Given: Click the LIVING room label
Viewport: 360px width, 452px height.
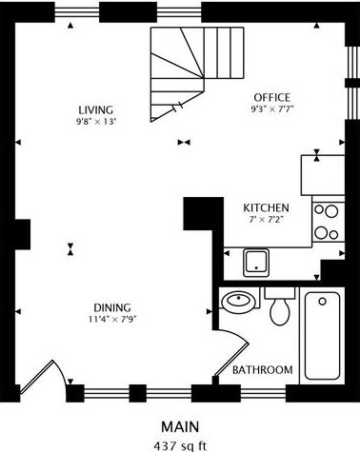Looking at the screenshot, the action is tap(96, 110).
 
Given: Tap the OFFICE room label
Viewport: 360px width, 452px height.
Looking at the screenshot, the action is tap(272, 97).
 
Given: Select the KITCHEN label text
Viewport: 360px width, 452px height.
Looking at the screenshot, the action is tap(266, 208).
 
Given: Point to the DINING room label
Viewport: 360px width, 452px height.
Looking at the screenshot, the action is tap(112, 307).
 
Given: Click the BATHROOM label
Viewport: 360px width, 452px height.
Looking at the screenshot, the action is tap(263, 370).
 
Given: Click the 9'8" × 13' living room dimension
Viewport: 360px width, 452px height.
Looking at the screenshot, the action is tap(94, 122).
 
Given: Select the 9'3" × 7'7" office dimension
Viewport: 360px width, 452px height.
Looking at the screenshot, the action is tap(272, 109).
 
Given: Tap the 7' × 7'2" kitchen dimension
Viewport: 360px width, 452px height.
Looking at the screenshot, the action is tap(266, 220).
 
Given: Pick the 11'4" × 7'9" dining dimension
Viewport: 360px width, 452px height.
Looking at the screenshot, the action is tap(112, 319).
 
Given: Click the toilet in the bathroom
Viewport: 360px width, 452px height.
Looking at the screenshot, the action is tap(280, 307).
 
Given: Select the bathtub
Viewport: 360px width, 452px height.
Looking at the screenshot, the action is tap(322, 335).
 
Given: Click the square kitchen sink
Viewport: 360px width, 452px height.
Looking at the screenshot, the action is tap(256, 263).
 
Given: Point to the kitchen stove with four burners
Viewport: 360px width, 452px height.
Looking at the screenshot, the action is tap(329, 222).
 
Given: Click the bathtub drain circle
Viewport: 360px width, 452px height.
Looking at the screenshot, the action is tap(323, 302).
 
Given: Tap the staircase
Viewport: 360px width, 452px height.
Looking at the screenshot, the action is tap(197, 74).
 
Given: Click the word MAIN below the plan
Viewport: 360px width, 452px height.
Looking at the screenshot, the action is tap(180, 427).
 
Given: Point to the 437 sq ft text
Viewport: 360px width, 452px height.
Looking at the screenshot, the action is tap(180, 446).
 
